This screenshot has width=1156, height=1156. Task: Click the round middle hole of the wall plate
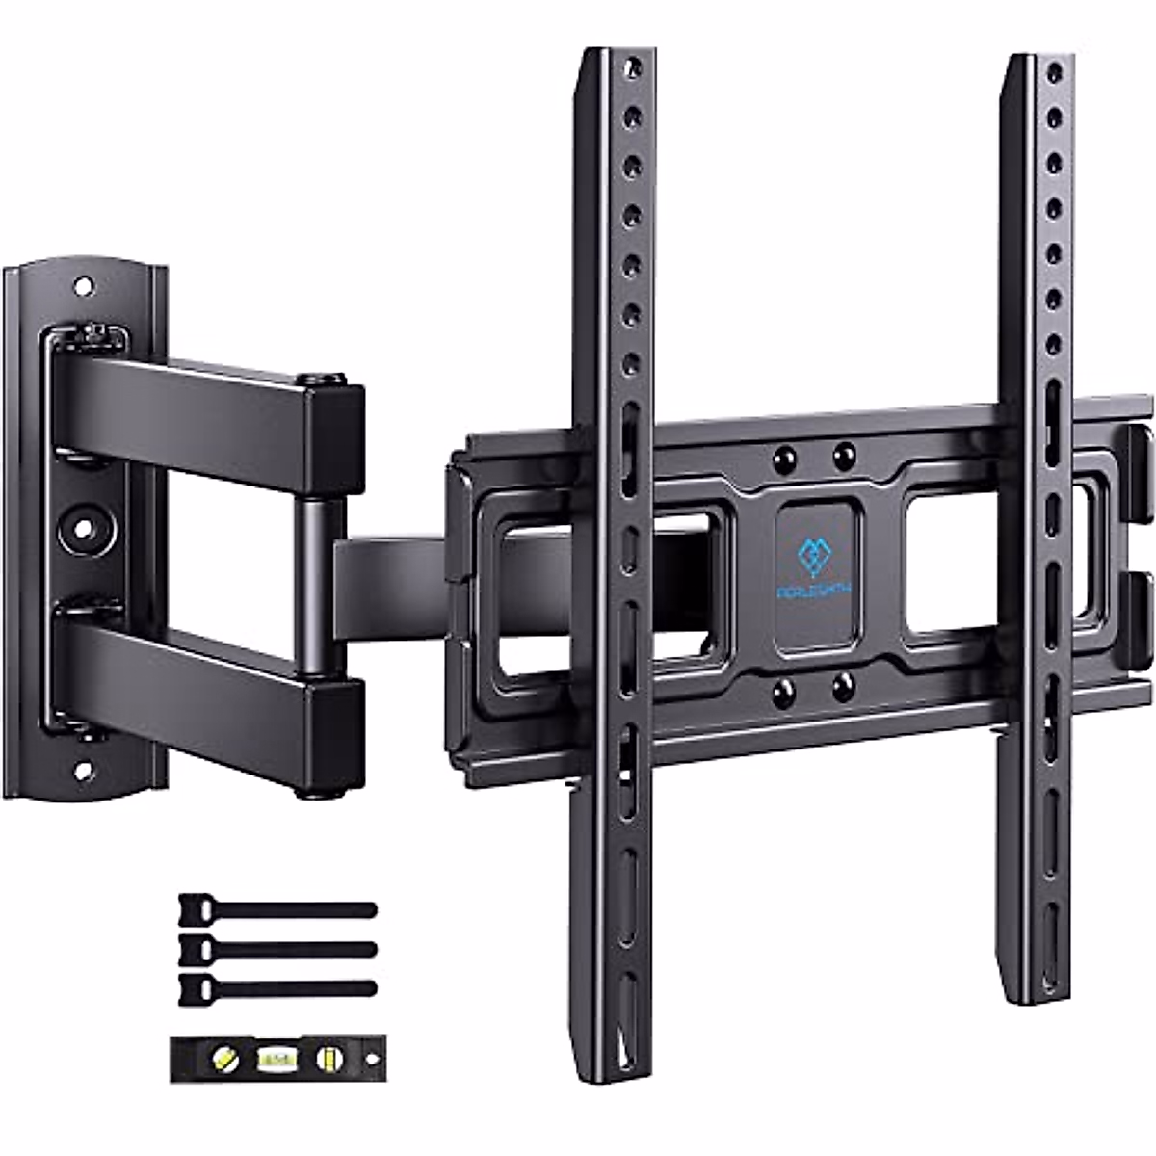[83, 528]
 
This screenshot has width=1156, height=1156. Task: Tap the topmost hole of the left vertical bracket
[633, 70]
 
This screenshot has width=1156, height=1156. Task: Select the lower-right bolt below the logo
[844, 687]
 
